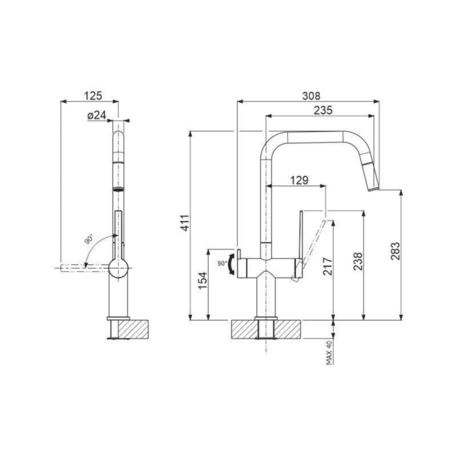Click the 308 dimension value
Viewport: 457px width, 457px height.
tap(312, 96)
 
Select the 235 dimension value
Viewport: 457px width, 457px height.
tap(323, 110)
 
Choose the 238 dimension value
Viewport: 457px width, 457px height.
tap(358, 261)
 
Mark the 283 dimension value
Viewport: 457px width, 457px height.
tap(395, 251)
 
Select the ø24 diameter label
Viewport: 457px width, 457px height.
tap(96, 115)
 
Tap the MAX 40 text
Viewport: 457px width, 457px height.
tap(329, 353)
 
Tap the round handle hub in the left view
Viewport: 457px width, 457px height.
tap(118, 267)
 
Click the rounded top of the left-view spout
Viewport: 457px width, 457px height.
tap(119, 136)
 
